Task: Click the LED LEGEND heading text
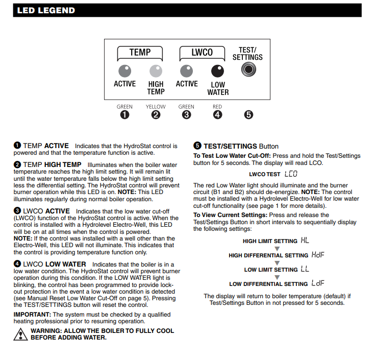click(46, 10)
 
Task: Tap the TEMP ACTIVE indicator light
click(124, 70)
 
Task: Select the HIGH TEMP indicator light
click(156, 70)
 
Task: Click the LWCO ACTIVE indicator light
click(187, 70)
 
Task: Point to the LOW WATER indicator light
click(218, 70)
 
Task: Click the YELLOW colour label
click(156, 107)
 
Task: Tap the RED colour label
click(218, 107)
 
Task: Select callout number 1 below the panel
click(124, 115)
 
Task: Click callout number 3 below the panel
click(187, 115)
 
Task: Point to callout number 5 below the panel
click(248, 115)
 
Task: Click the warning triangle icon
click(20, 334)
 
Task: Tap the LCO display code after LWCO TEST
click(291, 174)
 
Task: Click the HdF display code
click(318, 255)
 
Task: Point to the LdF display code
click(318, 283)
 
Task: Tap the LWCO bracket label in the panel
click(202, 52)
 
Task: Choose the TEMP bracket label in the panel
click(140, 52)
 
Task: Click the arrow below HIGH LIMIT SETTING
click(278, 248)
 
